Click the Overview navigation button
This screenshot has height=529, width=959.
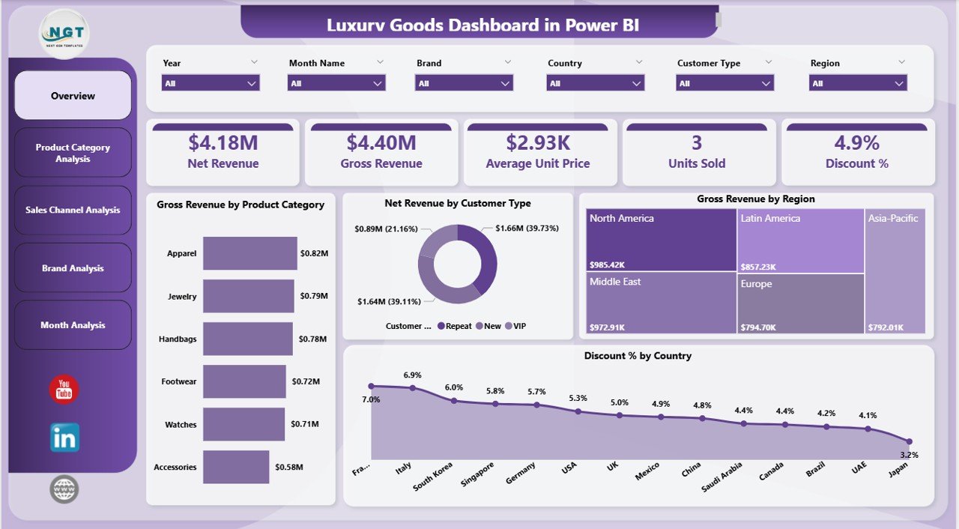(x=73, y=96)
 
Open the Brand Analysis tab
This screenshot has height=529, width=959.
(x=73, y=268)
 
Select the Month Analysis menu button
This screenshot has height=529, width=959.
(x=73, y=325)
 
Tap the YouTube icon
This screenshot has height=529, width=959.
(x=64, y=390)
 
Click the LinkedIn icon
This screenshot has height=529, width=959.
(x=64, y=438)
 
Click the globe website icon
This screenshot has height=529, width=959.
(x=64, y=489)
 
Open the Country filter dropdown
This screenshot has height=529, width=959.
(x=596, y=83)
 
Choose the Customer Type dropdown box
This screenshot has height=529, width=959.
(x=725, y=83)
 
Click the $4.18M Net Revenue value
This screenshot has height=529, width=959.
(x=223, y=142)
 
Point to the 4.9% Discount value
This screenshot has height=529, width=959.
(x=857, y=142)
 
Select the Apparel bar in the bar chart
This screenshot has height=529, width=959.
(x=249, y=253)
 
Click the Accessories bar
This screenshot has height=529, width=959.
(x=235, y=467)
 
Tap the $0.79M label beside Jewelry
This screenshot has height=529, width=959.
(x=314, y=297)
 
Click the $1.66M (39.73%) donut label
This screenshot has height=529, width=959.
(x=527, y=228)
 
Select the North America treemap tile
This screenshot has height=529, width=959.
(x=661, y=240)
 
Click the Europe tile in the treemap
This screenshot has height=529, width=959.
(x=800, y=303)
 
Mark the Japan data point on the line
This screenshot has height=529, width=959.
(x=909, y=441)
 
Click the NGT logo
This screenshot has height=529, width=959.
(x=64, y=33)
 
